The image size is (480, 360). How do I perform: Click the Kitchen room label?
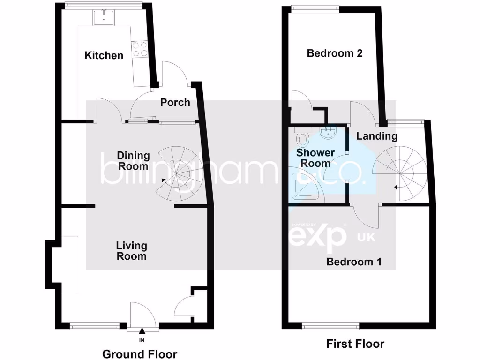point(104,55)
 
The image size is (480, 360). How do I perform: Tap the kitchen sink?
point(102,18)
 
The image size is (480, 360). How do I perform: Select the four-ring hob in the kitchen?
point(140,49)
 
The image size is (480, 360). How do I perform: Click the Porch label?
point(175,102)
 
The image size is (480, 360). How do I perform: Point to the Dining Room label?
point(133,161)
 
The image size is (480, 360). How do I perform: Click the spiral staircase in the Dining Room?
point(177,172)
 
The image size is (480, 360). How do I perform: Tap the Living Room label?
point(132,251)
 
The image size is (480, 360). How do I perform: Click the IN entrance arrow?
point(142,334)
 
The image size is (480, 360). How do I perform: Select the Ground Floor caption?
point(140,354)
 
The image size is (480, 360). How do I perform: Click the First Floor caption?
point(355,344)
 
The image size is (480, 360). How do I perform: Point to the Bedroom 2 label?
point(335,53)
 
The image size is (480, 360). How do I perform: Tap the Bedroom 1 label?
point(354,262)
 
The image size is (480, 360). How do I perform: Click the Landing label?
point(377,136)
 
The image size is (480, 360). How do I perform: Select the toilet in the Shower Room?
point(304,139)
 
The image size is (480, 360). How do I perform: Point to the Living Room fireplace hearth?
point(68,265)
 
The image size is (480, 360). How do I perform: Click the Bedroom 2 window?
point(314,7)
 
